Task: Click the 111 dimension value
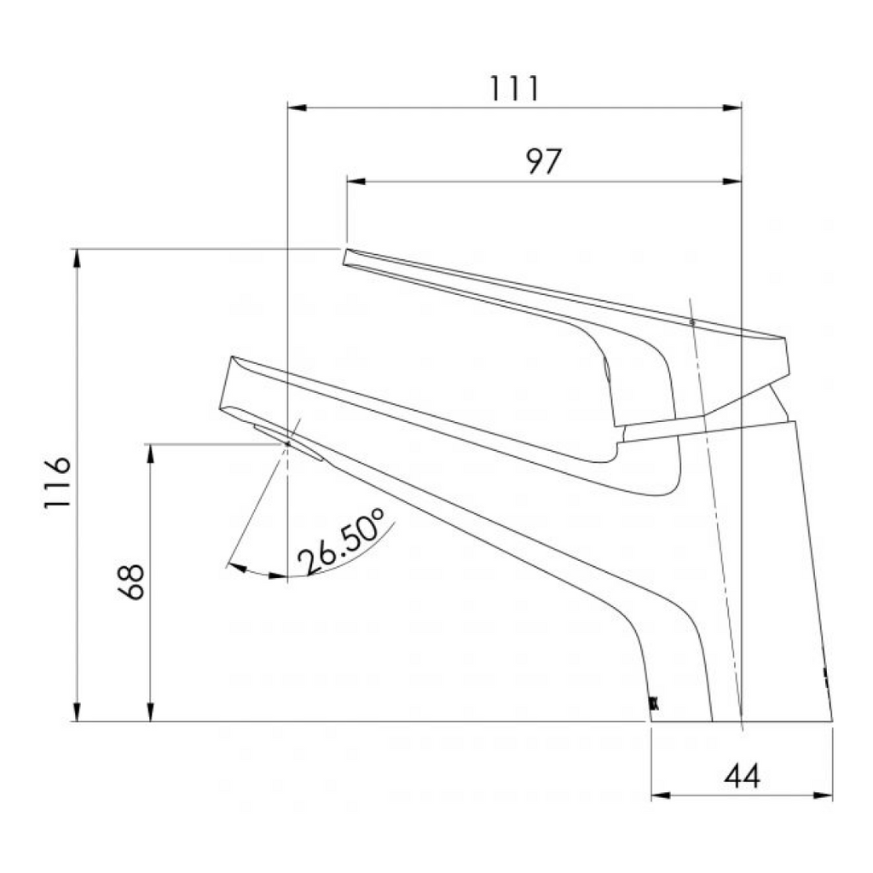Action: [x=514, y=89]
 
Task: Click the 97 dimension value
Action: [x=543, y=161]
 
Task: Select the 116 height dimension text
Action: [x=58, y=483]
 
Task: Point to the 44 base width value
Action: [x=742, y=776]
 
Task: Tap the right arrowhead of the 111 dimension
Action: [x=732, y=108]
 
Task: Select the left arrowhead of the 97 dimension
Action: [x=356, y=182]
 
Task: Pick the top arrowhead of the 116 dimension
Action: [x=77, y=258]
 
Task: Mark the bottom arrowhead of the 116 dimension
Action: [x=77, y=712]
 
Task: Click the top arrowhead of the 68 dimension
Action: [x=151, y=453]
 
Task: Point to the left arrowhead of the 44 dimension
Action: [x=661, y=795]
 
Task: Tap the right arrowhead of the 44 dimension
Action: [x=823, y=795]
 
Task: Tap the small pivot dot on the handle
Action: [x=692, y=322]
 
